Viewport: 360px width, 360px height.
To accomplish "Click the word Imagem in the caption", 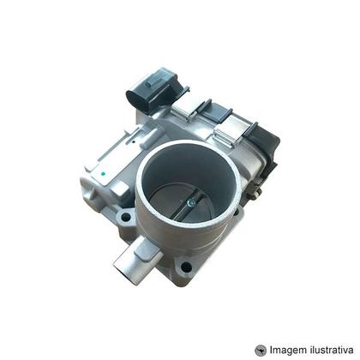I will [291, 349].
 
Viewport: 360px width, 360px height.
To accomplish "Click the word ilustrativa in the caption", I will [334, 349].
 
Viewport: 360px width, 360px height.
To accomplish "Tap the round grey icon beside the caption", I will [261, 349].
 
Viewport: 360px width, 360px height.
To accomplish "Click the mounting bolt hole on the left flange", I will [126, 219].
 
